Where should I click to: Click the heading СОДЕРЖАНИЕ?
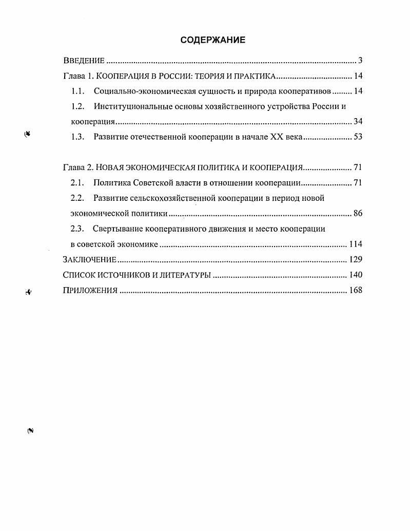click(x=212, y=40)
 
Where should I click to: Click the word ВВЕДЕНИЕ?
click(x=84, y=61)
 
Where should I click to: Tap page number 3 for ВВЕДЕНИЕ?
click(x=360, y=61)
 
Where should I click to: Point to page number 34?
click(x=358, y=122)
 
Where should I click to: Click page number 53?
click(x=358, y=137)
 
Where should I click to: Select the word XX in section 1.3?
click(x=272, y=137)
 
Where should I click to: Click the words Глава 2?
click(x=77, y=167)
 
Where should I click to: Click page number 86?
click(x=358, y=213)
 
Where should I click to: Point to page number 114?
click(x=356, y=244)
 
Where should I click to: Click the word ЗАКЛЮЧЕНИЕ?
click(x=89, y=259)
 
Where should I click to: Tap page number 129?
click(x=356, y=259)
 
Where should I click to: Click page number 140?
click(x=356, y=275)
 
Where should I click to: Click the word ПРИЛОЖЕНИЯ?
click(x=90, y=290)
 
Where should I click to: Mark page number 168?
click(x=356, y=290)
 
